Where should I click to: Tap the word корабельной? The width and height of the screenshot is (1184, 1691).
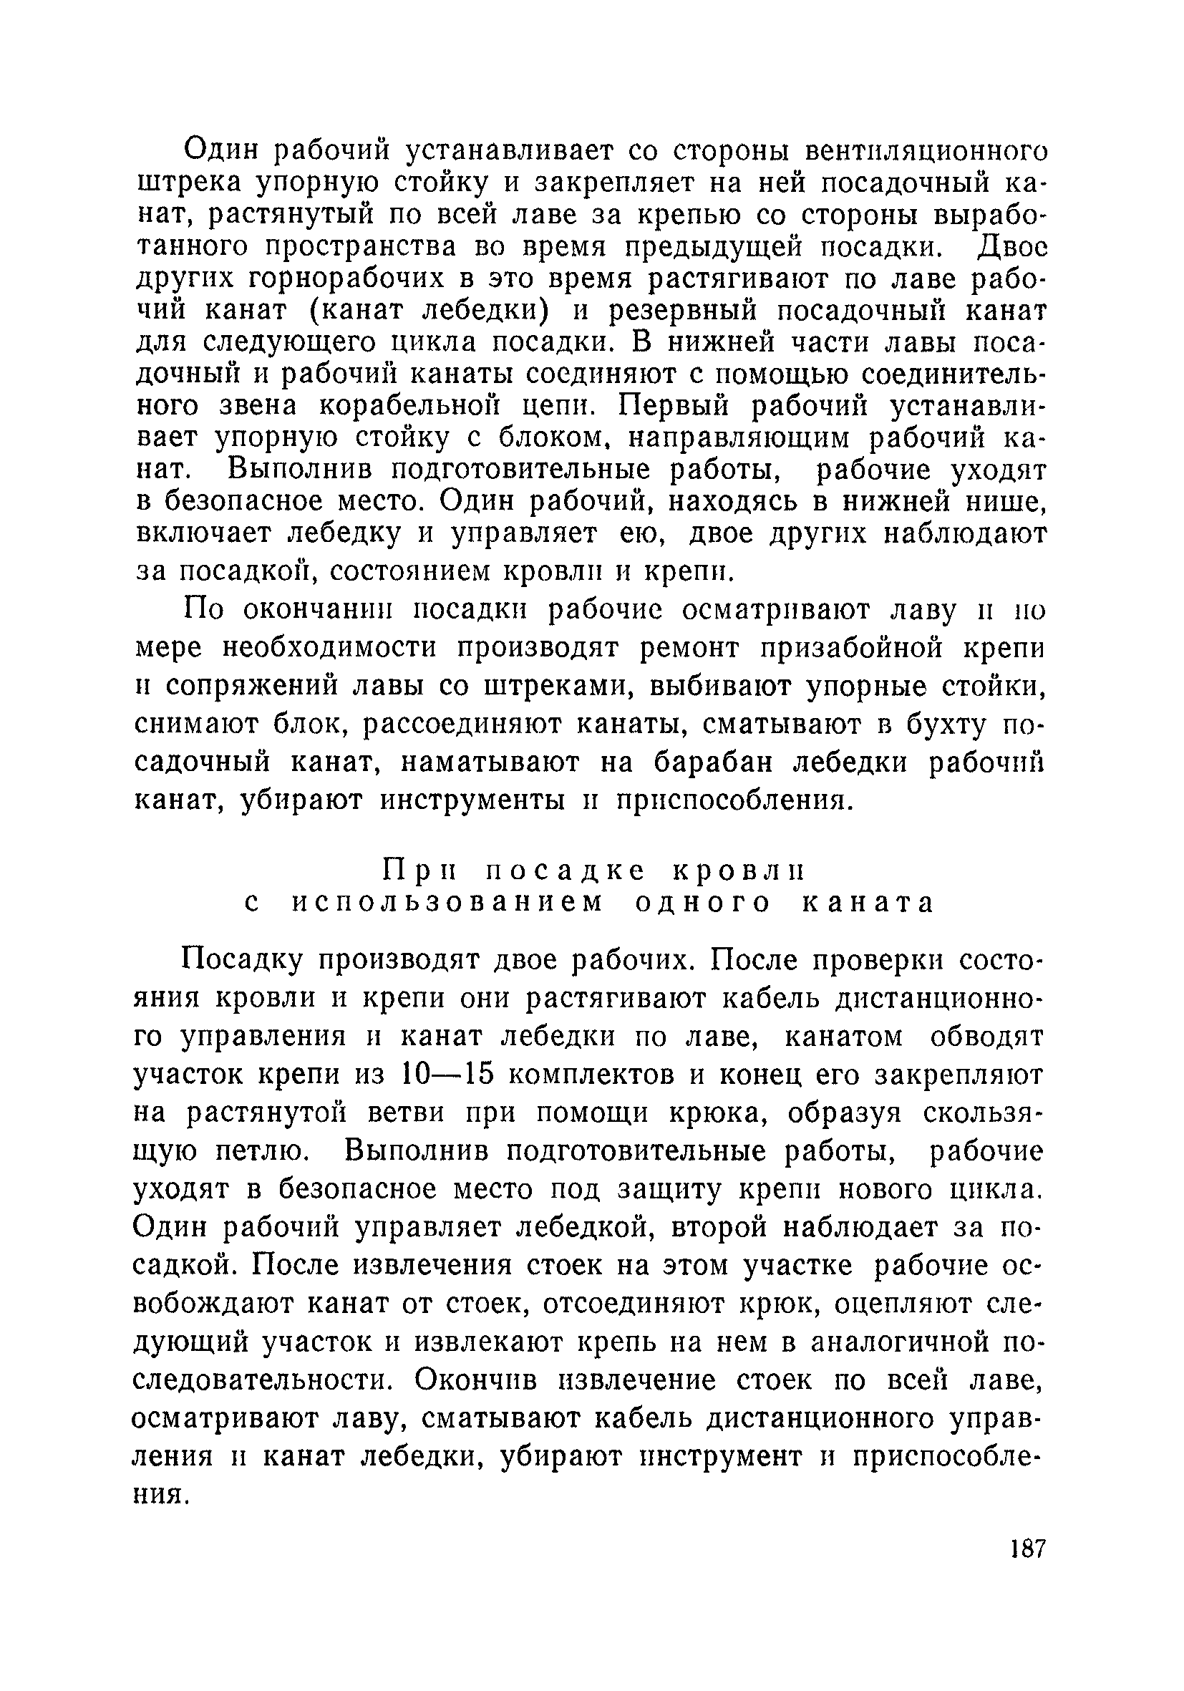tap(443, 407)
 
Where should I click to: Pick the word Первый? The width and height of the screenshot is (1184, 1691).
tap(676, 407)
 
